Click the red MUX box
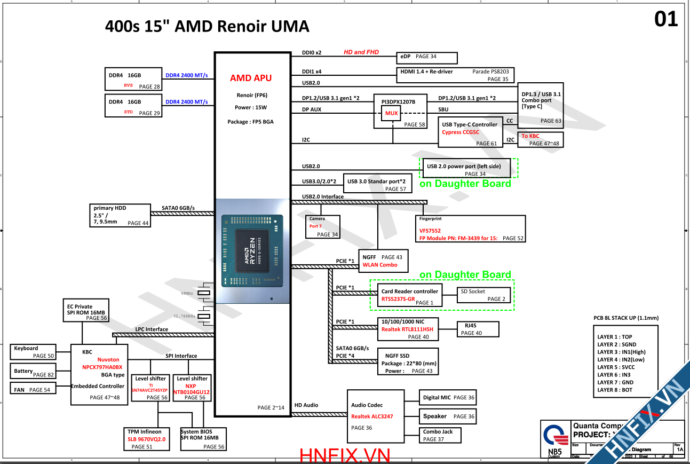(x=392, y=113)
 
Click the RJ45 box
(x=478, y=329)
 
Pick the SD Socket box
(x=485, y=295)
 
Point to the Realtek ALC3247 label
(x=372, y=416)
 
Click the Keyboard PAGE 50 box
(x=33, y=352)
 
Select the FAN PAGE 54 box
(x=33, y=389)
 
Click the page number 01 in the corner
(x=666, y=19)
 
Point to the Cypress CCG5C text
(x=461, y=132)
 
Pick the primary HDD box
(x=120, y=215)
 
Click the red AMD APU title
(x=251, y=78)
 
